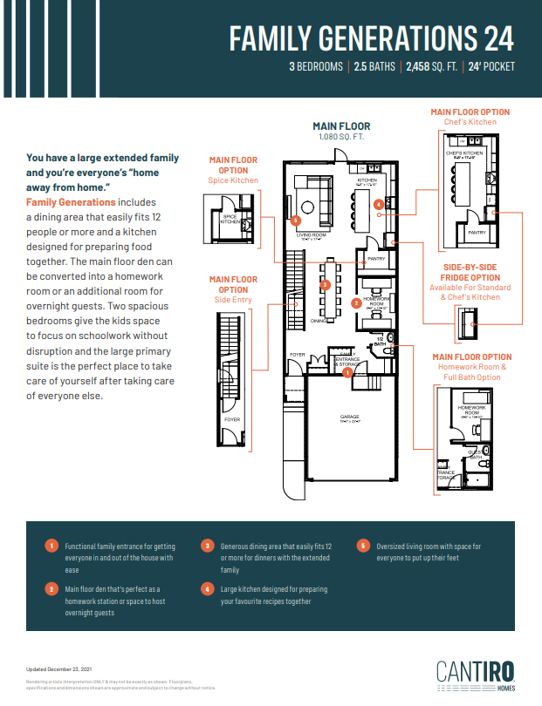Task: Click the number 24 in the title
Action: tap(494, 37)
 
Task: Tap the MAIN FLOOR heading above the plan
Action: tap(342, 126)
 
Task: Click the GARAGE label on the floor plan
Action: tap(349, 417)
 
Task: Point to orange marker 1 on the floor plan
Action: tap(347, 372)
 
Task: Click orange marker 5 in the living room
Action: tap(295, 221)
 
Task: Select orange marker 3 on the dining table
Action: tap(325, 284)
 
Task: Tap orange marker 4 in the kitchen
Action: tap(378, 205)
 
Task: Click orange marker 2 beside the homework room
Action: tap(355, 303)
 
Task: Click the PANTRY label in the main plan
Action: tap(376, 259)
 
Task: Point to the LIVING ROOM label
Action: tap(311, 234)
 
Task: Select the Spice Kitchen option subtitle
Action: tap(233, 180)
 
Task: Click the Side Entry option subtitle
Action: tap(233, 300)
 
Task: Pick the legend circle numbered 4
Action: tap(208, 590)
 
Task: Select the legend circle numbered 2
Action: tap(51, 590)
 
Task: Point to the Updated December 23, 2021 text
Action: tap(59, 669)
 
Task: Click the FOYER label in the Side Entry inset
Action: tap(231, 419)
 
